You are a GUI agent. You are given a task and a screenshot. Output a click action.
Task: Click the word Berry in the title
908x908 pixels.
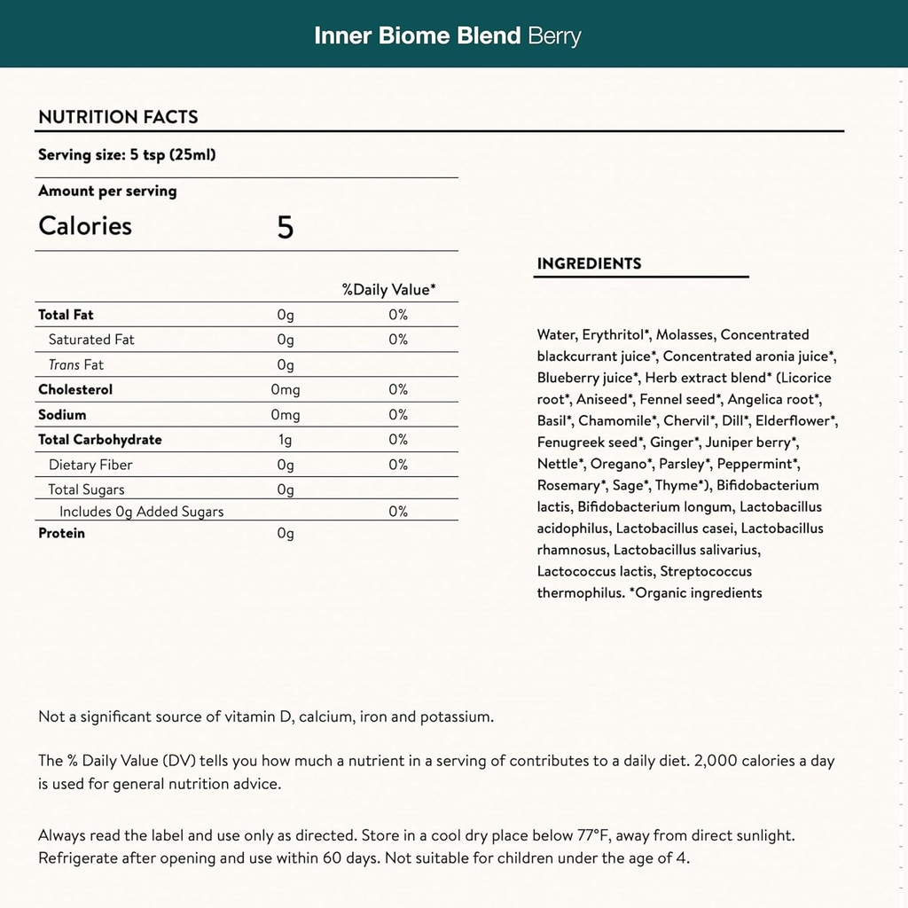(554, 36)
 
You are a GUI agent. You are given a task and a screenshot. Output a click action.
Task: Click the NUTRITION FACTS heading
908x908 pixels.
(118, 117)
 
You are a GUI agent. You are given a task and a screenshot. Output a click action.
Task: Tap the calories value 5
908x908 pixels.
(285, 227)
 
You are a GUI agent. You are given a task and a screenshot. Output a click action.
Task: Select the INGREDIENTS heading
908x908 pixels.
(589, 263)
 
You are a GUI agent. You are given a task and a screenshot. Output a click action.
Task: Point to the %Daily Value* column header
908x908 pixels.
(388, 290)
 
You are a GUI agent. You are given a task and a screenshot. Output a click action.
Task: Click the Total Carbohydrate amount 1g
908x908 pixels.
(285, 440)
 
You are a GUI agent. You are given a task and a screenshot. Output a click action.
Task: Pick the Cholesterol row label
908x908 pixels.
(75, 389)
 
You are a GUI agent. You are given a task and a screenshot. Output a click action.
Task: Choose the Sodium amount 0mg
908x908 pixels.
(285, 415)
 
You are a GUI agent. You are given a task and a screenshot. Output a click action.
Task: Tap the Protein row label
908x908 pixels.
(61, 533)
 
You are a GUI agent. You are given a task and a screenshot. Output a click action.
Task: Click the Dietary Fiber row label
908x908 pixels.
(90, 465)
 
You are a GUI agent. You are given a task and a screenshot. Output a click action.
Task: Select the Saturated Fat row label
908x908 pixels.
(91, 340)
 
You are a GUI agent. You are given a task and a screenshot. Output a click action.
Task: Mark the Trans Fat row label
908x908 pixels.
(76, 364)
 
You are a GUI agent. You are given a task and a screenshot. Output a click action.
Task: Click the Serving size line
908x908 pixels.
(127, 155)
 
